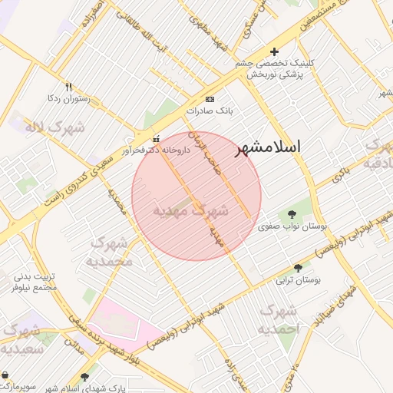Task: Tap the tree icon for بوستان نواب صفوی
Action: pos(291,214)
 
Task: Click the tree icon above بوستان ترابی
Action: pos(298,268)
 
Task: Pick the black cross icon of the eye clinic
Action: pos(275,51)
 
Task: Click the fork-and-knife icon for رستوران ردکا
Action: pos(68,87)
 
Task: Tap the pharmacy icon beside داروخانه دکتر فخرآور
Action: pos(157,140)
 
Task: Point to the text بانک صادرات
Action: pos(209,112)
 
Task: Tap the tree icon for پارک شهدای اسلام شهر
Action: pos(84,376)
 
